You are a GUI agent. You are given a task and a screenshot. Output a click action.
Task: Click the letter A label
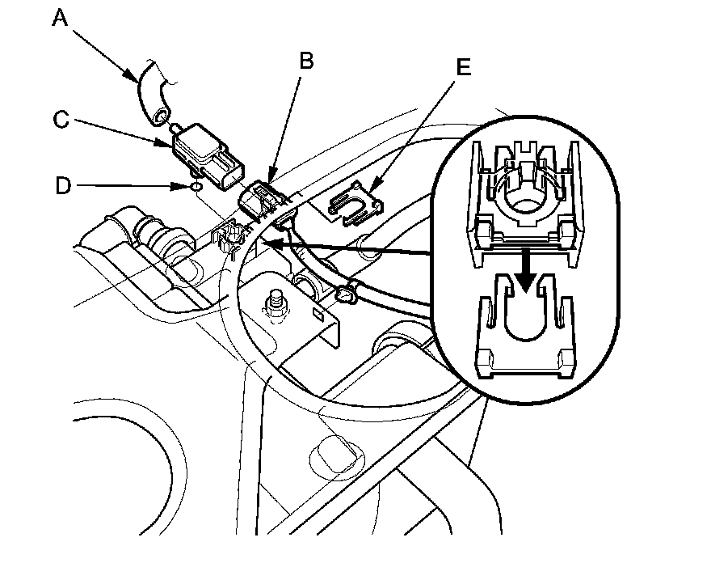tap(60, 18)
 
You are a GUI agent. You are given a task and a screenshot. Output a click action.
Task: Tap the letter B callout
tap(306, 61)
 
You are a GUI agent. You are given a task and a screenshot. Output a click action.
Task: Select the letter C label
tap(61, 120)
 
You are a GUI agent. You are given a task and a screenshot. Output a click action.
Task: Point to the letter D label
tap(61, 186)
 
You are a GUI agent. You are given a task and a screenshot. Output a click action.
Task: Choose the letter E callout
tap(463, 67)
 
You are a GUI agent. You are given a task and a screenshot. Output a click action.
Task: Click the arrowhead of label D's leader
tap(187, 187)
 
